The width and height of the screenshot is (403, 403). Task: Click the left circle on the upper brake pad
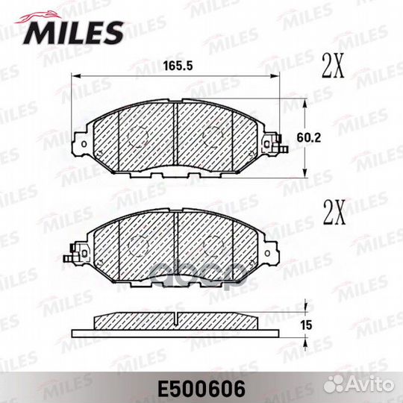[x=137, y=135]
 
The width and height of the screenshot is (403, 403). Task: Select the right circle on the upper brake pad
[x=212, y=135]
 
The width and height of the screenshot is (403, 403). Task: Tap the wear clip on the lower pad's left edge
[x=72, y=254]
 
